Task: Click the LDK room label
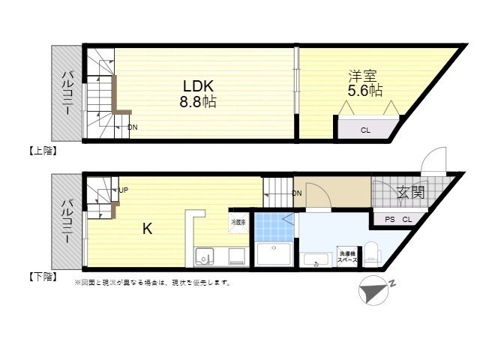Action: click(196, 84)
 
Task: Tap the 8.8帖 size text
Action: click(197, 101)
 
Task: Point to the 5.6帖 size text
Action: click(364, 91)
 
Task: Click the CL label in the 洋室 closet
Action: click(365, 130)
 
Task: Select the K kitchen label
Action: click(148, 229)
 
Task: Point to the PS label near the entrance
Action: click(389, 220)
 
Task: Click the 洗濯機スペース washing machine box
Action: click(346, 255)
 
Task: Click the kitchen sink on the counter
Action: click(205, 256)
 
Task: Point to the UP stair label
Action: click(124, 190)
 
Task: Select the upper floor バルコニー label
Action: click(67, 93)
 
